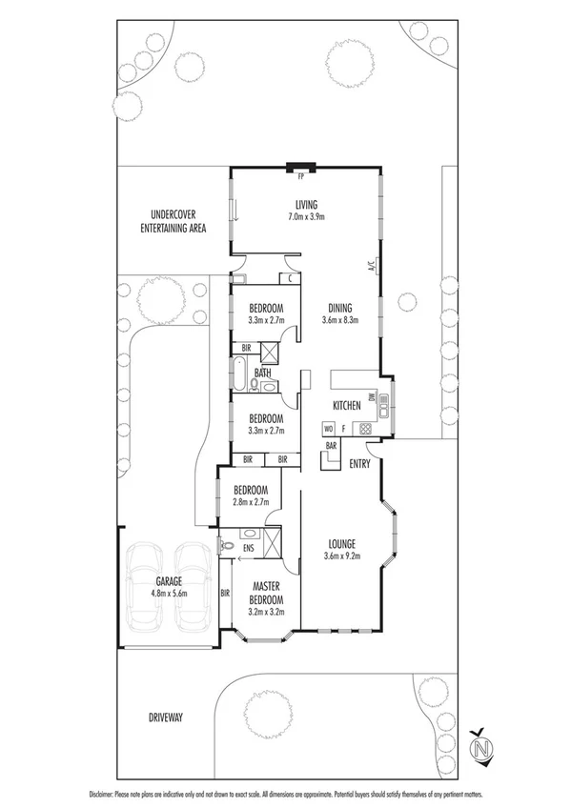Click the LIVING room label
(305, 205)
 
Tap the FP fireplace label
(301, 177)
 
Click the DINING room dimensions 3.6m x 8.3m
(340, 320)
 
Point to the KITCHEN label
(346, 406)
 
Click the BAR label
(332, 445)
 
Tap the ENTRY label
(358, 464)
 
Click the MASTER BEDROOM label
(266, 594)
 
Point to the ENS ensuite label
(247, 549)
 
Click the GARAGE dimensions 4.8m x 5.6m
(169, 593)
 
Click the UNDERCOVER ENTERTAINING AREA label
(173, 221)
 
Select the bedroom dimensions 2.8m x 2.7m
(252, 500)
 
